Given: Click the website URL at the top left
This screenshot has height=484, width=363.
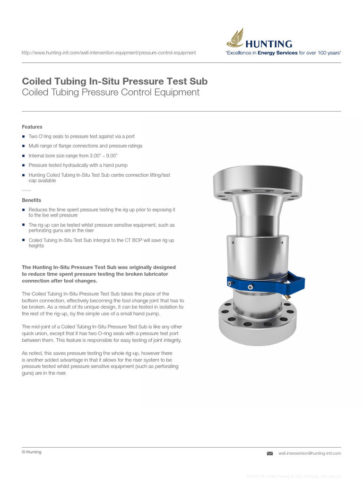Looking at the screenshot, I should pyautogui.click(x=109, y=53).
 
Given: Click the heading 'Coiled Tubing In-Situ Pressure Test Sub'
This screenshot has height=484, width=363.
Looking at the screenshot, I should pyautogui.click(x=115, y=81).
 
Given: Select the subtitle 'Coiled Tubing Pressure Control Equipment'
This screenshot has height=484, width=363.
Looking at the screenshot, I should pyautogui.click(x=111, y=92).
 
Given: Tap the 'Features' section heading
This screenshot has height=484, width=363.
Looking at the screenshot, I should pyautogui.click(x=32, y=127).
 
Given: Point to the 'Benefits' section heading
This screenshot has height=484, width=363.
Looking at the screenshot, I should pyautogui.click(x=32, y=200).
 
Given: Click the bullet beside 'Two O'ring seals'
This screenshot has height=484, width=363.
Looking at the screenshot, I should pyautogui.click(x=24, y=137).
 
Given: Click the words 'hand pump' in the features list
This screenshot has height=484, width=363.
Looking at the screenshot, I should pyautogui.click(x=116, y=165).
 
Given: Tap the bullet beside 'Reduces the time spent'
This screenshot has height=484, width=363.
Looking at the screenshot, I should pyautogui.click(x=24, y=209).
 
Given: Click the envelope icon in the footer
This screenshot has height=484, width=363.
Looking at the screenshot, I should pyautogui.click(x=269, y=453).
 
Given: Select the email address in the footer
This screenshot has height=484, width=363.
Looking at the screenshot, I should pyautogui.click(x=310, y=453).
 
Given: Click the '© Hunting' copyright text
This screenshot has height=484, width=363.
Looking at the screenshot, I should pyautogui.click(x=32, y=452).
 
